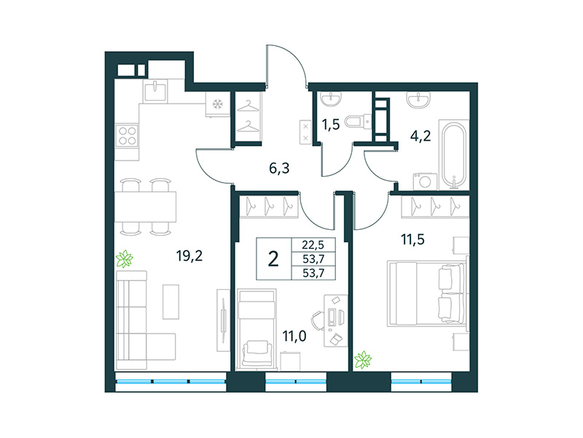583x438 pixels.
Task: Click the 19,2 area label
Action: tap(188, 255)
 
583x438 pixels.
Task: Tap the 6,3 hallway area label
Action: tap(280, 168)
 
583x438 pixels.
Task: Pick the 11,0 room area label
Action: tap(294, 337)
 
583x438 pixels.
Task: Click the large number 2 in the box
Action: tap(274, 259)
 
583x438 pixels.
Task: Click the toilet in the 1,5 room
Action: tap(355, 121)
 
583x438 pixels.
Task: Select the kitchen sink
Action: tap(157, 91)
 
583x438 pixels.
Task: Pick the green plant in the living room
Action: tap(126, 258)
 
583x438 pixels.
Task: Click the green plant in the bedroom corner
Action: tap(362, 359)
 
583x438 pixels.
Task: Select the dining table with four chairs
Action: tap(146, 207)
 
